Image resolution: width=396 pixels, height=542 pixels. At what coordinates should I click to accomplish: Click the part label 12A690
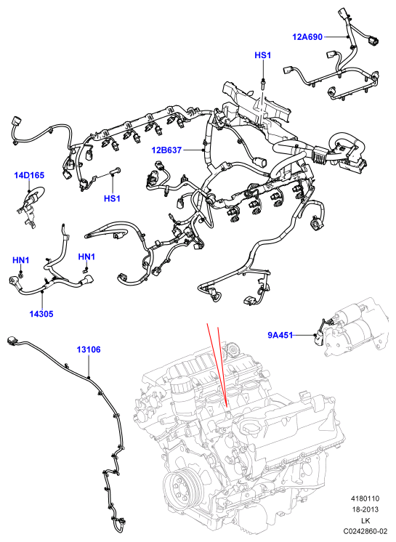307,36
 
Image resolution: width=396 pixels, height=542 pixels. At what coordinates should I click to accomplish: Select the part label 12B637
166,150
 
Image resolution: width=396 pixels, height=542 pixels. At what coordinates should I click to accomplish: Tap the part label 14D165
29,175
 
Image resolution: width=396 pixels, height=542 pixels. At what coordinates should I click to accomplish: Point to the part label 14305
41,314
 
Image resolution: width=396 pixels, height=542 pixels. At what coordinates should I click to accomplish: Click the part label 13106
89,349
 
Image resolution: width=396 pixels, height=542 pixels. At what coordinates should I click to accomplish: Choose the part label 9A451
280,335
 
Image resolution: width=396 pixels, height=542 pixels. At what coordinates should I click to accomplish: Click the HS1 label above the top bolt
262,55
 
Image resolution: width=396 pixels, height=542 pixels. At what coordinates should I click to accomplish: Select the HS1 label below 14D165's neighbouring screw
112,198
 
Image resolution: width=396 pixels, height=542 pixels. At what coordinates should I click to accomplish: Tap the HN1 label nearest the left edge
21,260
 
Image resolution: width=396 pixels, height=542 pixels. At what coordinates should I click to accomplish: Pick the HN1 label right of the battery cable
86,256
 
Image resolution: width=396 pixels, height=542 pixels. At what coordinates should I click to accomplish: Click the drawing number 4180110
365,498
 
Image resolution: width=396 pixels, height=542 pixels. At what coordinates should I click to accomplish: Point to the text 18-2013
365,509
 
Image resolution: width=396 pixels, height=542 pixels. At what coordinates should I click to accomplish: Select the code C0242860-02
365,531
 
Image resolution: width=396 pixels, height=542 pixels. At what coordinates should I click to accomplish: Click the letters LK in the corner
365,520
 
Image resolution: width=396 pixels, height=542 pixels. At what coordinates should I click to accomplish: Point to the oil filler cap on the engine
249,429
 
